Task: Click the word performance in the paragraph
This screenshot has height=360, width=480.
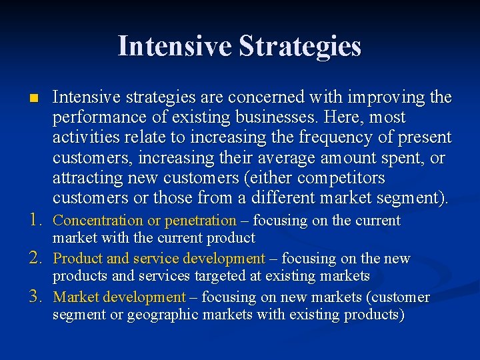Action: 95,118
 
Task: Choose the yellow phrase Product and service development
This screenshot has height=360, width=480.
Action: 159,259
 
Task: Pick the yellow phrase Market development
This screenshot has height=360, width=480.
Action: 119,297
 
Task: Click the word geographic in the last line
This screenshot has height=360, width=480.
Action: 151,315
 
